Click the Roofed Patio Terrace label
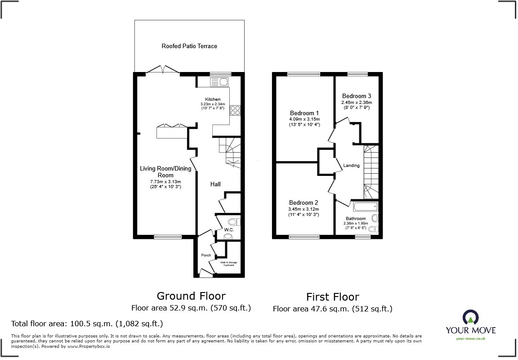189,46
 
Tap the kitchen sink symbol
219,81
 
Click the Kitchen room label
213,99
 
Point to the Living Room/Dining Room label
165,172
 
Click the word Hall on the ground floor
216,184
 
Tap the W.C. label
229,230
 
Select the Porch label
206,255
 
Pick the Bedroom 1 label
304,112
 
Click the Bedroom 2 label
304,202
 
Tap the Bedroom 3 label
357,96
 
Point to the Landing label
351,166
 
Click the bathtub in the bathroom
366,207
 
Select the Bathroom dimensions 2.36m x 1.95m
355,223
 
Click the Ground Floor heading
191,296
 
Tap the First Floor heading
332,297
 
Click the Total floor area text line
86,324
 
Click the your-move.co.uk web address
470,338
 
